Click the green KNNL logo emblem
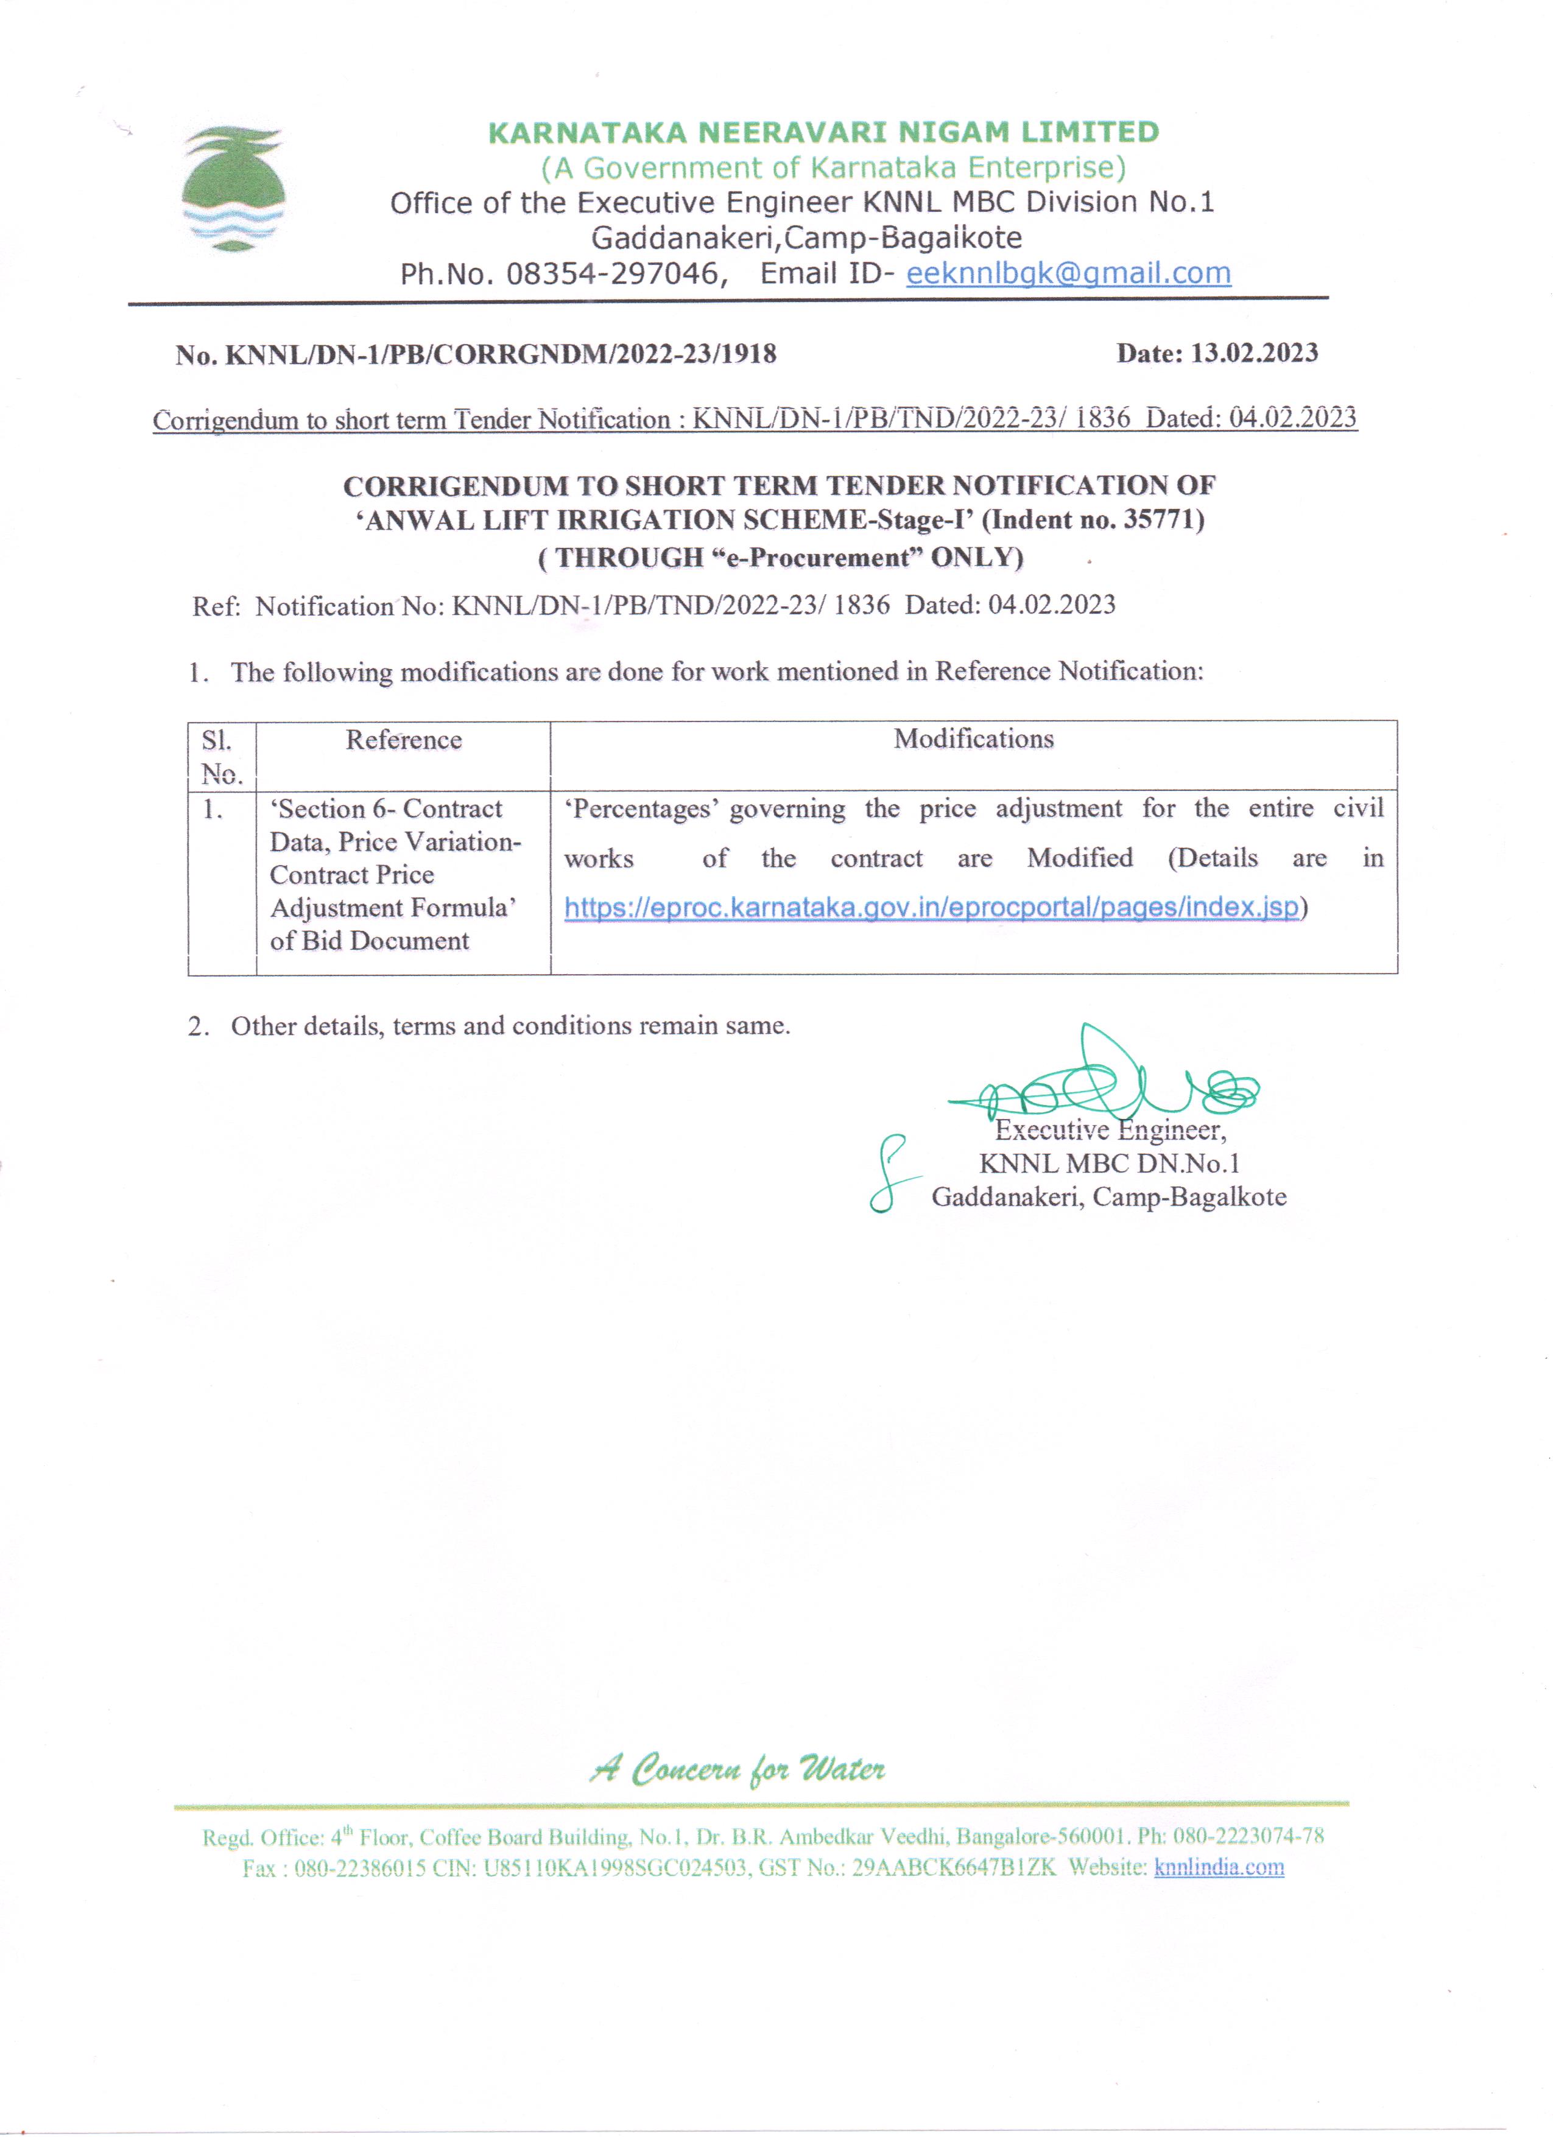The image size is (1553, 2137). tap(233, 189)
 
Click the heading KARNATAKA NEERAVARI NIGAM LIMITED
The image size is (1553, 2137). tap(823, 132)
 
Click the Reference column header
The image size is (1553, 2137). tap(403, 740)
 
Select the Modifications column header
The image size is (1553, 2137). tap(973, 739)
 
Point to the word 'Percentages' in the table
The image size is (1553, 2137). tap(641, 809)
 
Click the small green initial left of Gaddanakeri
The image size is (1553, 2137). tap(890, 1174)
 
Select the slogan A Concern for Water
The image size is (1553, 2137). tap(737, 1769)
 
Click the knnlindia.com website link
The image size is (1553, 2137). tap(1219, 1867)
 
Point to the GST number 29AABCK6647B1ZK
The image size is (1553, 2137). tap(954, 1867)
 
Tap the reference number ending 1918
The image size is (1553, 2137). tap(476, 354)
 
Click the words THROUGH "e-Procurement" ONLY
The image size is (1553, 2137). tap(780, 558)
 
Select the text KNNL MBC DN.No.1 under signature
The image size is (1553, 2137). tap(1109, 1163)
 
